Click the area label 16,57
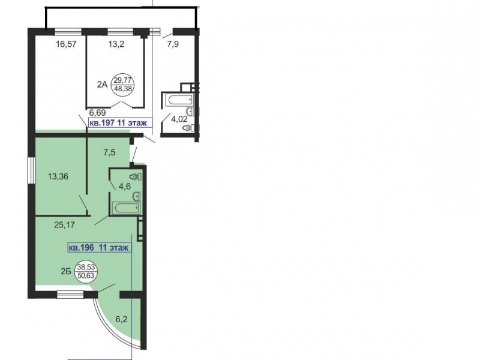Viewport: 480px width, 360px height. [66, 44]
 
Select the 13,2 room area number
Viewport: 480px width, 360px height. [116, 44]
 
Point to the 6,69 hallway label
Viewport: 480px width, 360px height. [97, 113]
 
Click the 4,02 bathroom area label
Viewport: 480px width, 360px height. [179, 119]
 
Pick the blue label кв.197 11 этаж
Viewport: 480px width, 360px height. [121, 123]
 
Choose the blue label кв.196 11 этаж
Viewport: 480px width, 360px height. [100, 247]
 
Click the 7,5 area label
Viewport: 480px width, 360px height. [109, 152]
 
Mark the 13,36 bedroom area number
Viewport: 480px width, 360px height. [58, 176]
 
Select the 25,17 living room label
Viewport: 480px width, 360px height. [64, 225]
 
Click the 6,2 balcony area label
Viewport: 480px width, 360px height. [122, 319]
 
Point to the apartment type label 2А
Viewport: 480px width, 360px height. [102, 85]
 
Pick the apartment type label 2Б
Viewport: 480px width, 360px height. [66, 271]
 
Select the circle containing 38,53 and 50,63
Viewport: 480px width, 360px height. [86, 271]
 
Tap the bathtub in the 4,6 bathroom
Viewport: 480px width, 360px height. [126, 208]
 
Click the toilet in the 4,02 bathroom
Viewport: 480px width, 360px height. [187, 128]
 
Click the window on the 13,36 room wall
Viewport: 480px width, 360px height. [32, 170]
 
